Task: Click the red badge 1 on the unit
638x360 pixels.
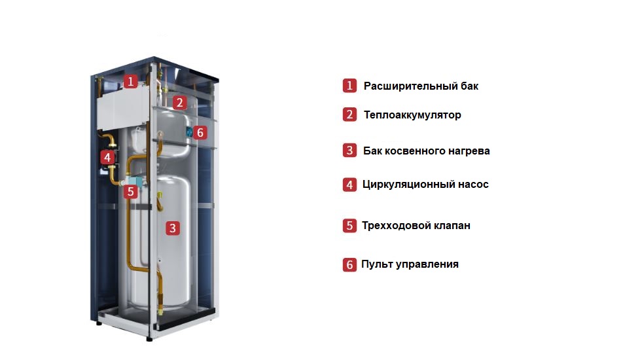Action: (131, 82)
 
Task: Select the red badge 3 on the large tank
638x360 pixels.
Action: (172, 228)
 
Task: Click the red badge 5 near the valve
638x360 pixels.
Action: (131, 192)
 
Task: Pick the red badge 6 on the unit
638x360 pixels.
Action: (200, 133)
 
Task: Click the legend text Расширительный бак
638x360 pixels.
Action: (421, 86)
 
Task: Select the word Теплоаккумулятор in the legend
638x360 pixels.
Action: (412, 115)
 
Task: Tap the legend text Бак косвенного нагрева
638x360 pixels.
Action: (426, 151)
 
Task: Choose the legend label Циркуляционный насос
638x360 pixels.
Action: (425, 185)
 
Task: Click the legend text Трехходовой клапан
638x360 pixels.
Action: (416, 226)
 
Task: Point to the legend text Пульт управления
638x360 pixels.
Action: (410, 264)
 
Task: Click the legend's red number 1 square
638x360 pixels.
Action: (349, 86)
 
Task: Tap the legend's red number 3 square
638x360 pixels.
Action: (349, 151)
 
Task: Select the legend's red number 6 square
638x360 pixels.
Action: (349, 265)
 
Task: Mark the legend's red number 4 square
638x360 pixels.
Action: (349, 185)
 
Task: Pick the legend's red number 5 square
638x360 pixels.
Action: (349, 226)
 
